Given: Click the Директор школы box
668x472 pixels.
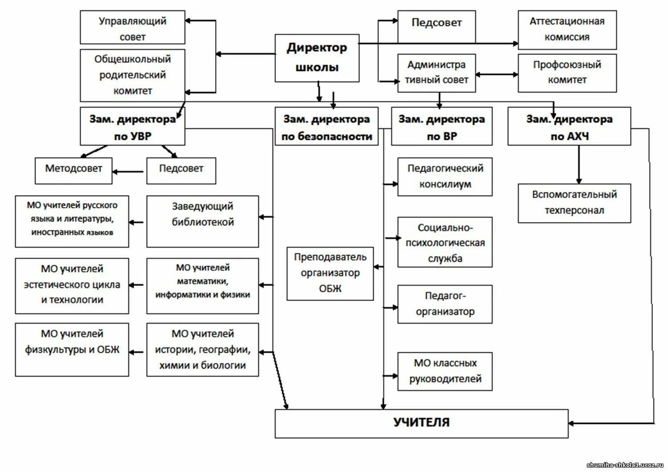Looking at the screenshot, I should (x=317, y=58).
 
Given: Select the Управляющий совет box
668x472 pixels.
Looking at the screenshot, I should (x=132, y=28).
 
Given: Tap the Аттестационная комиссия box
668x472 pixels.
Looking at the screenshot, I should (x=567, y=29).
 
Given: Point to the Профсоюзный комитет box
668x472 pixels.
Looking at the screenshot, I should (x=567, y=73).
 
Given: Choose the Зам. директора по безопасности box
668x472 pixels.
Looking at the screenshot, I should (x=326, y=126).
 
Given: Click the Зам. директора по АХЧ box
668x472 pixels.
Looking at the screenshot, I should (x=569, y=126).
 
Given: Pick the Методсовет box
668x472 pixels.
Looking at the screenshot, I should (x=73, y=171).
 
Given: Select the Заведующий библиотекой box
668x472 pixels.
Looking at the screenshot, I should (x=203, y=221).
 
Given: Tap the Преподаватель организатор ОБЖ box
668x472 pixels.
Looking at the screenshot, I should (x=330, y=273).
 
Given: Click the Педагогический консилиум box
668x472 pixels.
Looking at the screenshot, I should (x=445, y=176).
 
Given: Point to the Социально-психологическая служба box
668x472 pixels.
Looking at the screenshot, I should (x=445, y=242).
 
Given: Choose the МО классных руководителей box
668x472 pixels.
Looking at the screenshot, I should (x=445, y=371).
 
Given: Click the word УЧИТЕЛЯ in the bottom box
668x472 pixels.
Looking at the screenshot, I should (x=421, y=423).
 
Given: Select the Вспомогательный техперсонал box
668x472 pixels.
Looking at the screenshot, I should (x=574, y=203).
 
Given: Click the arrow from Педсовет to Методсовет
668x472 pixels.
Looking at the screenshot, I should (x=128, y=171).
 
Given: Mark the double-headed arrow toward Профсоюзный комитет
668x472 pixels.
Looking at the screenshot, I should (x=497, y=74).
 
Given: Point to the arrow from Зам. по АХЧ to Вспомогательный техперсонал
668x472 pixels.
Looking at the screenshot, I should (x=579, y=164).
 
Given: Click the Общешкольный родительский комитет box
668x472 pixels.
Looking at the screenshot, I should (x=132, y=75).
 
